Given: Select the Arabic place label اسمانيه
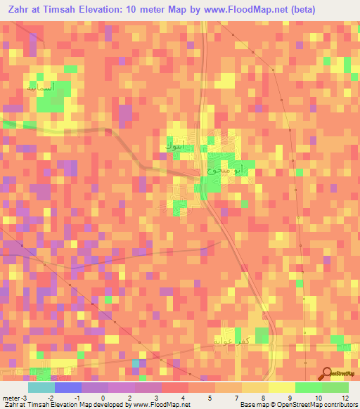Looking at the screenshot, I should click(x=39, y=89).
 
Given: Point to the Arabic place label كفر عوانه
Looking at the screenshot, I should click(x=231, y=340).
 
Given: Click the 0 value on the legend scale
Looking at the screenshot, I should click(x=103, y=398).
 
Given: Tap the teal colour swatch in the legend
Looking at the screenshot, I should click(x=41, y=387).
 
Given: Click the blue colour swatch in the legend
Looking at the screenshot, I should click(x=68, y=387).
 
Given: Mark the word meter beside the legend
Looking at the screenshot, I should click(x=11, y=398).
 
